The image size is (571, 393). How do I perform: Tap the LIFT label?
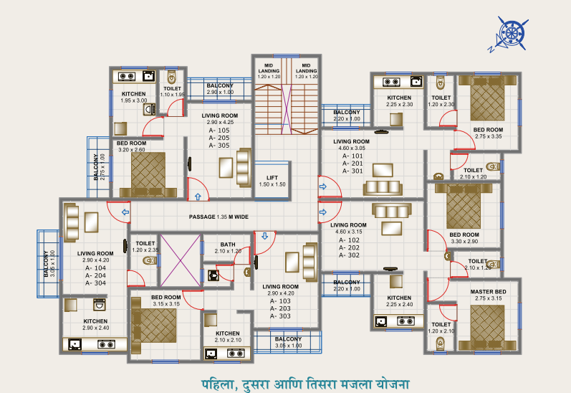(x=272, y=177)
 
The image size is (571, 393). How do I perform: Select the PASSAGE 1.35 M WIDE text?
(x=219, y=217)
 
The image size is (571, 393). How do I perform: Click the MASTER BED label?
(x=488, y=292)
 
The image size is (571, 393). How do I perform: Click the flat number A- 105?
(x=219, y=131)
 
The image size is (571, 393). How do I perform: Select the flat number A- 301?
(x=352, y=171)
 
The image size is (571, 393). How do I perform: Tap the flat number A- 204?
(x=95, y=275)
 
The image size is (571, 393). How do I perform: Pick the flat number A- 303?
(x=280, y=316)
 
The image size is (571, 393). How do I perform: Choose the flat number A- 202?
(x=352, y=247)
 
